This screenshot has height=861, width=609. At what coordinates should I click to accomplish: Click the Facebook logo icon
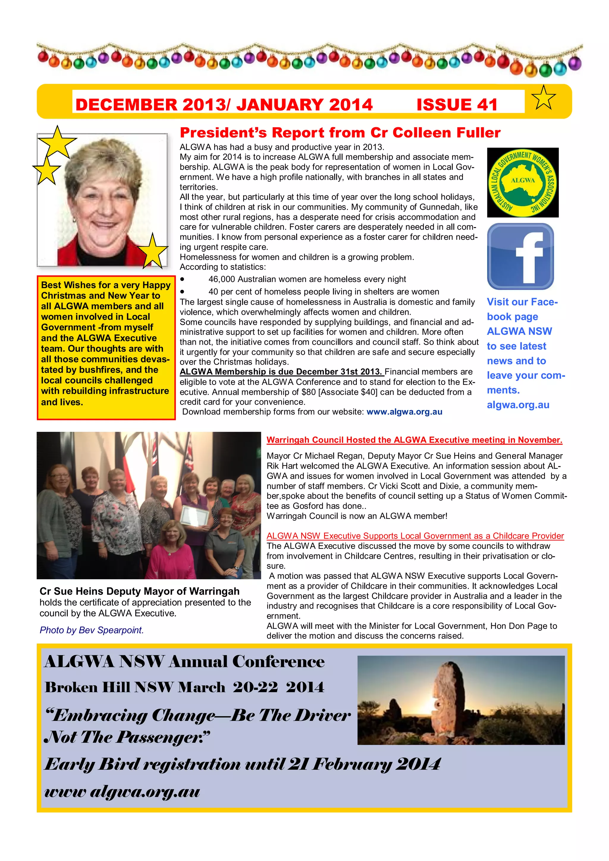(x=520, y=256)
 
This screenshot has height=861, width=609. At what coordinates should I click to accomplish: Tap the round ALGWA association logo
(x=523, y=182)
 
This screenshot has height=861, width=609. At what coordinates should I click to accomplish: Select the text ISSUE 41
(x=457, y=105)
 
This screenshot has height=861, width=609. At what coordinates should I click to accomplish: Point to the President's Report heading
(x=340, y=133)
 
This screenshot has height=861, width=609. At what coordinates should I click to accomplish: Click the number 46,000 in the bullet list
(x=222, y=279)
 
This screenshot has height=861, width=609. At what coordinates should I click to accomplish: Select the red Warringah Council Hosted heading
(x=414, y=440)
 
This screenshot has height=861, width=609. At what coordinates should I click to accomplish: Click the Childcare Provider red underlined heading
(x=415, y=536)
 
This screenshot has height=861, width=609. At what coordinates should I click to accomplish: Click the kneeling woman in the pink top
(x=171, y=551)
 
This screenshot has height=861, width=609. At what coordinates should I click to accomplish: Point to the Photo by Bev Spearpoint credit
(x=92, y=630)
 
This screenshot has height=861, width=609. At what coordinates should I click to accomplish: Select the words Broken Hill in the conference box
(x=87, y=687)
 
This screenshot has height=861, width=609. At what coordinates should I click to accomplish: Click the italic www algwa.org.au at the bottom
(x=122, y=792)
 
